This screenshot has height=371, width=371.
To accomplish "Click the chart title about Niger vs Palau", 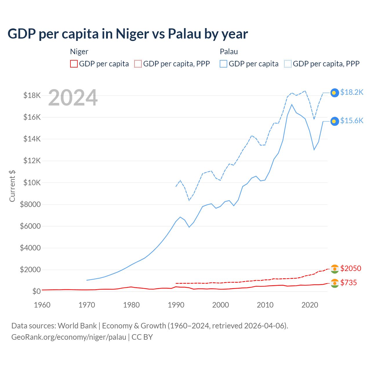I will tap(128, 34).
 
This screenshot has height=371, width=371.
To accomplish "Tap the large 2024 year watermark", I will tap(73, 98).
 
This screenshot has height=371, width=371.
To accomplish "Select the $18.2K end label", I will tap(352, 92).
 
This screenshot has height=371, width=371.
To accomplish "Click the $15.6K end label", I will tap(352, 121).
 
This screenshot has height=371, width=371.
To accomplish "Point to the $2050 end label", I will tap(351, 268).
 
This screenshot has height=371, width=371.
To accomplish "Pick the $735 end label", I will tap(348, 283).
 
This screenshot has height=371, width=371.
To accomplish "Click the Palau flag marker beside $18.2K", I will tap(334, 92).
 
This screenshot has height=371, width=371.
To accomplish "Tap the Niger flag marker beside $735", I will tap(334, 283).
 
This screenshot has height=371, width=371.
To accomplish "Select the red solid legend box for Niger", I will tap(74, 64).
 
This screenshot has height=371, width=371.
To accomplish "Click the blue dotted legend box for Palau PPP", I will tap(288, 64).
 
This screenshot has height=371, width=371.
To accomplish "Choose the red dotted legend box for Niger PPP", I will tap(138, 64).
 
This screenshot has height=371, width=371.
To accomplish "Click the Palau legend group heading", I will tap(229, 52).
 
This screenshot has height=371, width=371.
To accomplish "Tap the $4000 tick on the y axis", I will tap(30, 248).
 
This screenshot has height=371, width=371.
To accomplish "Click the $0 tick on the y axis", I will tap(36, 291).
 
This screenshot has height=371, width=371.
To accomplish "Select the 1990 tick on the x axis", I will tap(176, 305).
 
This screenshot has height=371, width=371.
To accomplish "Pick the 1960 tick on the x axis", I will tap(42, 305).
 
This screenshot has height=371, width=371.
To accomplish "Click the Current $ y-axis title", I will tap(12, 186).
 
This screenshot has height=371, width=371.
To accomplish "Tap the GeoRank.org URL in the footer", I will tap(69, 337).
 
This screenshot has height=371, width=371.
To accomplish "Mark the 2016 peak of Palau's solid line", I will tap(292, 104).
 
